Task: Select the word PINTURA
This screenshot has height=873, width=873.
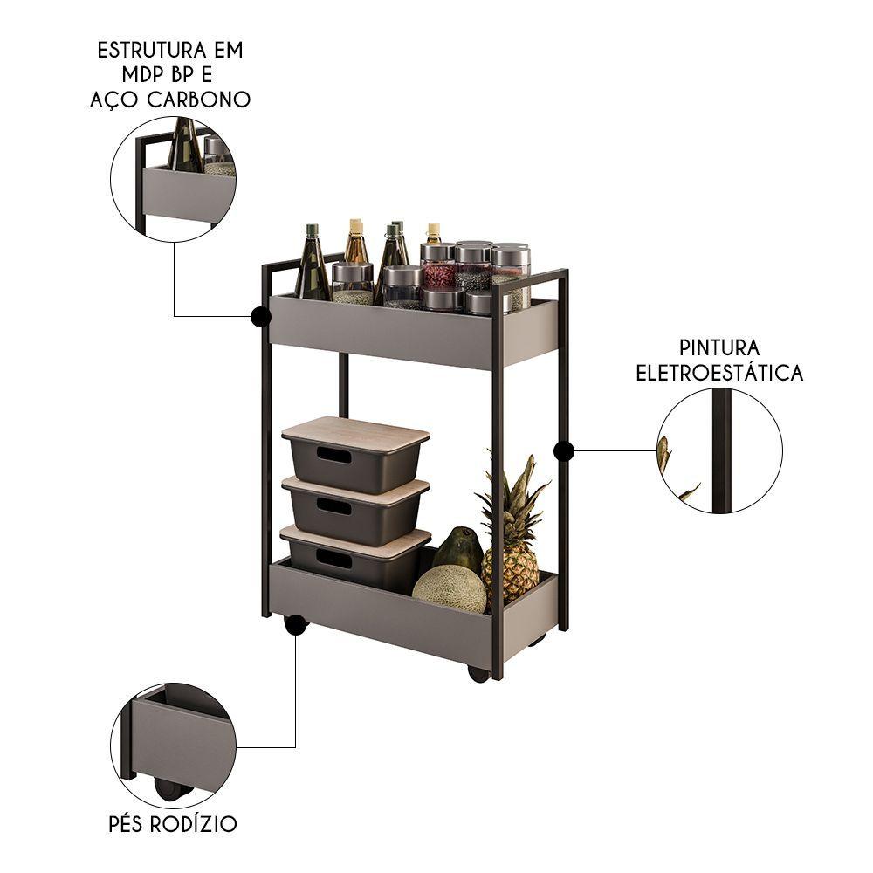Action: tap(719, 348)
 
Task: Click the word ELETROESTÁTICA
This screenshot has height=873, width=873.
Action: tap(719, 373)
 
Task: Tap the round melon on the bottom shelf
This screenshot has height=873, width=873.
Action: tap(450, 590)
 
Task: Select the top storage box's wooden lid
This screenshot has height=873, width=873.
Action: tap(355, 430)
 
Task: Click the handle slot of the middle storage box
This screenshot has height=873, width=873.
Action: tap(334, 506)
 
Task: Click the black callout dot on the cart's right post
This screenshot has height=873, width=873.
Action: tap(563, 451)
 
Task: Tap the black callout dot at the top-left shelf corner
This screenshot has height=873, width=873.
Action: tap(260, 316)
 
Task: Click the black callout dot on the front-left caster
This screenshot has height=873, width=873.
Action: tap(295, 625)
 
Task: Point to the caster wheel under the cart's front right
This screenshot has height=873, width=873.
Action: tap(478, 674)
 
